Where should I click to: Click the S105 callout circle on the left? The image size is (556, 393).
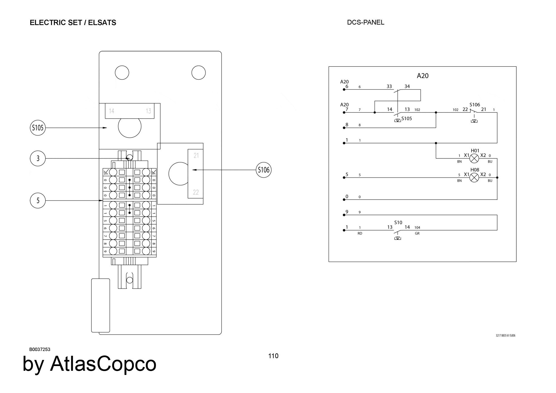click(x=38, y=128)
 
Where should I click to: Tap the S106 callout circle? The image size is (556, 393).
click(x=264, y=170)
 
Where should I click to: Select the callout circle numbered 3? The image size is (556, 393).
click(x=38, y=158)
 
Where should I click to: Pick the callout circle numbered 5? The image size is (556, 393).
click(x=38, y=200)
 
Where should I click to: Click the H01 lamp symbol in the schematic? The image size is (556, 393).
click(x=474, y=158)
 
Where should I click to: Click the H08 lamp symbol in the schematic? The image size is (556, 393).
click(x=474, y=177)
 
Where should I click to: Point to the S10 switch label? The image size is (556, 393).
click(x=398, y=223)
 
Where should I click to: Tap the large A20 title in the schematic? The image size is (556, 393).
click(x=423, y=76)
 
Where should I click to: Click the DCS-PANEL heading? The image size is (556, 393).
click(x=366, y=22)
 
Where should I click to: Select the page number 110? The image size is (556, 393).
click(x=273, y=356)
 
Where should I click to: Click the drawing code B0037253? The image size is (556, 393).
click(x=40, y=349)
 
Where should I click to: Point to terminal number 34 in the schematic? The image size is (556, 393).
click(x=407, y=86)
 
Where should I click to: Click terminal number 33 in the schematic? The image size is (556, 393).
click(x=389, y=86)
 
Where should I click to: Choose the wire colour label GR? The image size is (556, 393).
click(x=417, y=233)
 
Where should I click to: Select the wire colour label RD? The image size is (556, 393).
click(x=360, y=233)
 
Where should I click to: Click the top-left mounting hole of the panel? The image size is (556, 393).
click(x=122, y=73)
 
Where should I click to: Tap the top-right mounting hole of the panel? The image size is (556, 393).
click(x=198, y=73)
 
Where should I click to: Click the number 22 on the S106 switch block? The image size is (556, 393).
click(x=196, y=192)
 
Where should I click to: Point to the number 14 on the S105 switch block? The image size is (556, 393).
click(x=111, y=111)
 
